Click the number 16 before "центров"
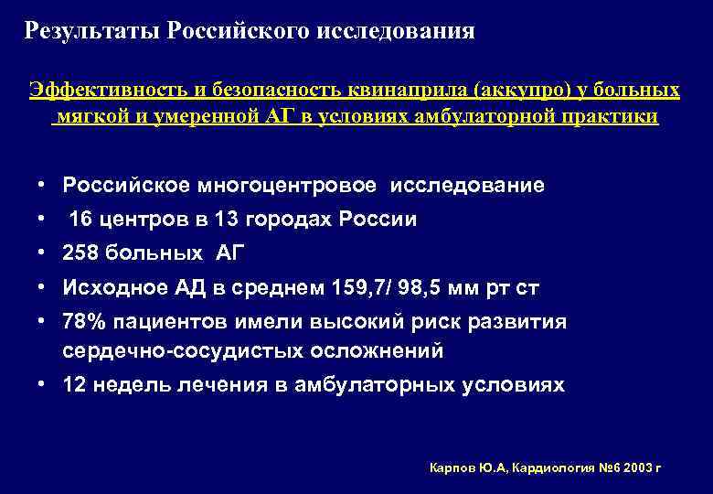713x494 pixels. (80, 220)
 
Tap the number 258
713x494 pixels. (80, 253)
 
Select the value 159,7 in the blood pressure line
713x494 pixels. (380, 288)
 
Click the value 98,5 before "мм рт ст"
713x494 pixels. (443, 288)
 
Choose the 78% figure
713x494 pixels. (84, 322)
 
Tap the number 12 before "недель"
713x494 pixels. (74, 385)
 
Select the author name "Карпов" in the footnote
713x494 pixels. (452, 467)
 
